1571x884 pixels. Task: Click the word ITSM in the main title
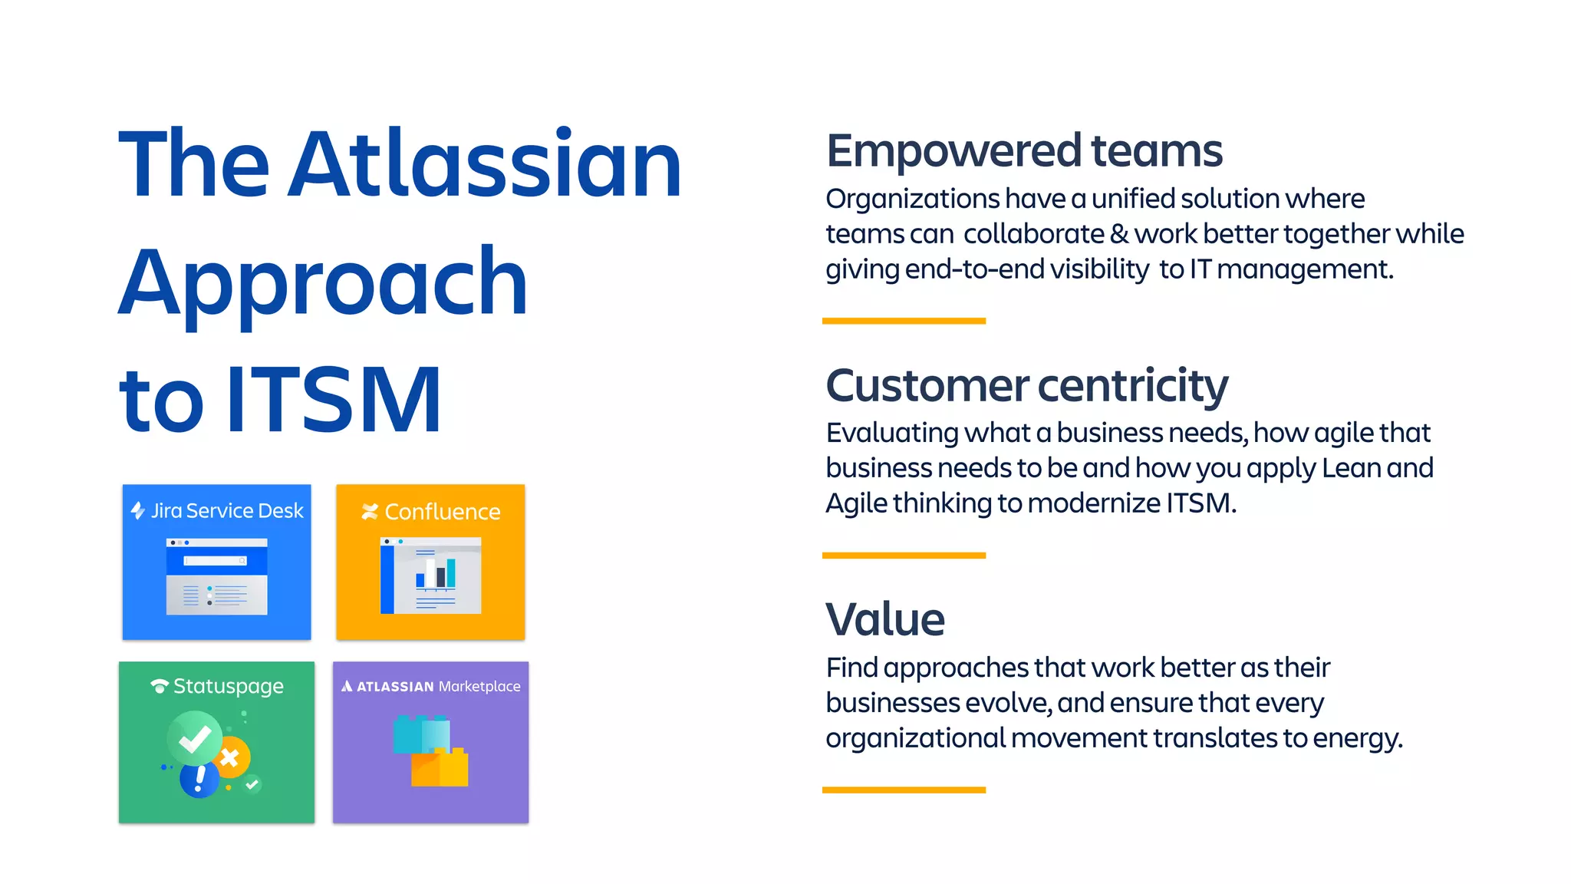[334, 400]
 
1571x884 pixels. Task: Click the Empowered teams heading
[1024, 151]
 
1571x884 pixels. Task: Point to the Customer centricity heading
[1026, 385]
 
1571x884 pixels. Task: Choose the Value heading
[885, 620]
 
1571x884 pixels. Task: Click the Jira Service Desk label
[226, 511]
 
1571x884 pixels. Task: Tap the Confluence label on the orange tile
[442, 512]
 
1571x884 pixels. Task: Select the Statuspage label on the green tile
[228, 686]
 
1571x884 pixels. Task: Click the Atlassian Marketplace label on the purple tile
[438, 686]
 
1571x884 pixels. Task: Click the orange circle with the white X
[230, 758]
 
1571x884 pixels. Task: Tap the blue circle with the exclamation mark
[199, 779]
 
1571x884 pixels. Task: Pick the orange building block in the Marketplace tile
[440, 767]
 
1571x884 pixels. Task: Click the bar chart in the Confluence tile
[436, 574]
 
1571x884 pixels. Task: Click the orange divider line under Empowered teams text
[904, 321]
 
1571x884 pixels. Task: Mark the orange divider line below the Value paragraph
[904, 790]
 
